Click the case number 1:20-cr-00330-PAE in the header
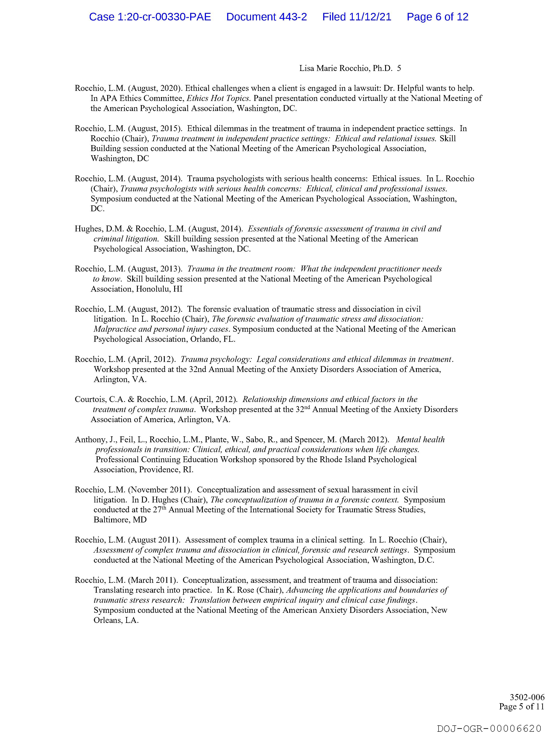point(150,17)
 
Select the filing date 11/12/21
point(357,17)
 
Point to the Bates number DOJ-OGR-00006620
point(489,728)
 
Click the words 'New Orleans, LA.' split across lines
point(439,610)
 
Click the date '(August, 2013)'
point(155,269)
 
